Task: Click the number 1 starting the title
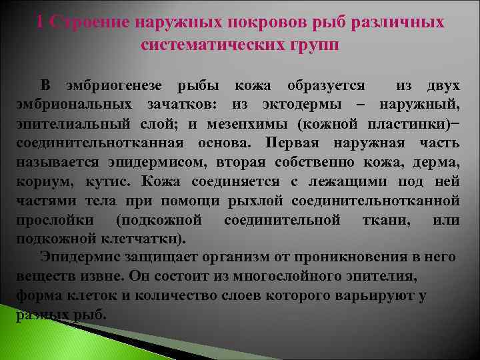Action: point(41,22)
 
